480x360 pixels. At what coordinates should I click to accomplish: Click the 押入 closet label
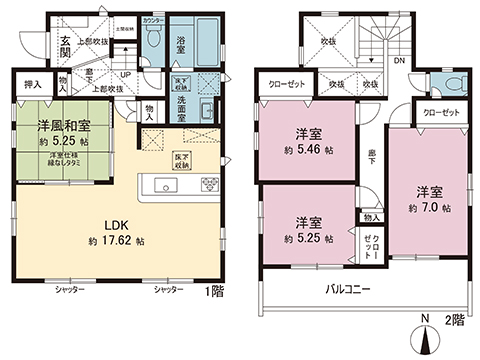click(x=34, y=86)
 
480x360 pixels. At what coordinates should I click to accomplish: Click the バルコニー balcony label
click(x=350, y=288)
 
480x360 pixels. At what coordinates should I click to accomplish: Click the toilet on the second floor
click(x=448, y=83)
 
